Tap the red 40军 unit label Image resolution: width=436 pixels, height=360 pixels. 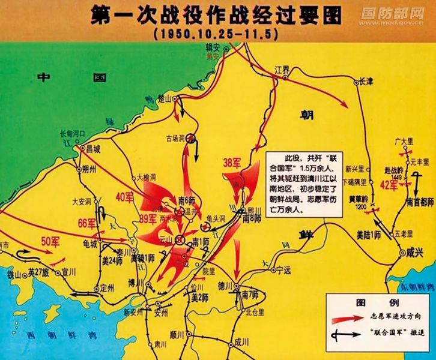click(125, 196)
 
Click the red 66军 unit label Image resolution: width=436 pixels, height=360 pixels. click(86, 224)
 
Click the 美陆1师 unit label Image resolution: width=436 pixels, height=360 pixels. click(369, 233)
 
